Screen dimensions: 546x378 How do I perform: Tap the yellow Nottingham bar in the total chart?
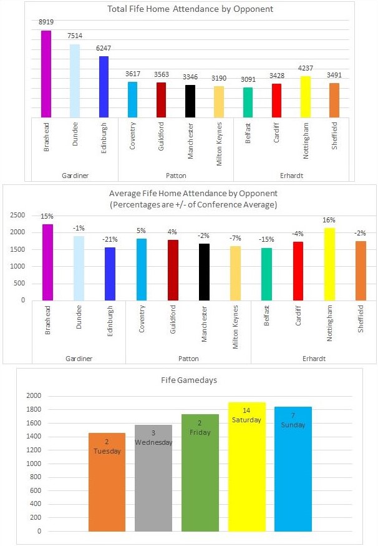(x=306, y=97)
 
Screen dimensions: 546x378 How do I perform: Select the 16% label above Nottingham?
(x=329, y=220)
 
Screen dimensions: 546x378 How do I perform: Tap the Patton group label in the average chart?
(x=188, y=359)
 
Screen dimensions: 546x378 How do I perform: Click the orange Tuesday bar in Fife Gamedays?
(x=107, y=482)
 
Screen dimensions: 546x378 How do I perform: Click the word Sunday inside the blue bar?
(x=293, y=425)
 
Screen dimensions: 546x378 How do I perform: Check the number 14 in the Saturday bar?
(x=247, y=410)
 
